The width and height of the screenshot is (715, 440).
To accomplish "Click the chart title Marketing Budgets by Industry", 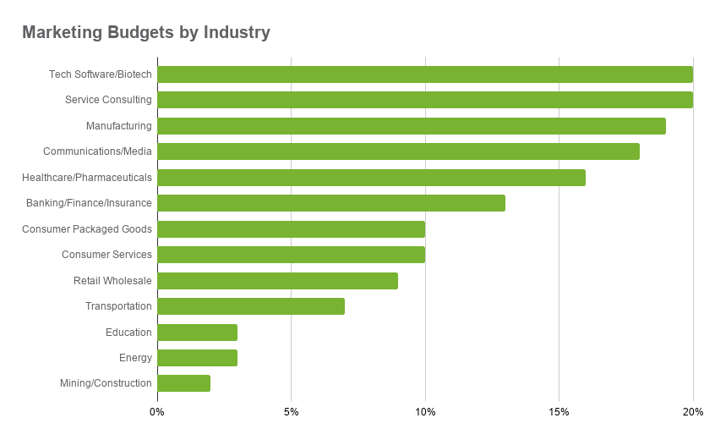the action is (x=146, y=33).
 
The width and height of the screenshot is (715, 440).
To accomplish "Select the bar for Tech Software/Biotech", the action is (x=425, y=74).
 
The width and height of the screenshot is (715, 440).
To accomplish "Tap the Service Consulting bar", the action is (x=425, y=100).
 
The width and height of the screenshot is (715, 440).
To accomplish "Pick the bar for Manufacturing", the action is (x=412, y=126).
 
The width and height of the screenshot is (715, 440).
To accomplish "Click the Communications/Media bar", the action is (x=399, y=151).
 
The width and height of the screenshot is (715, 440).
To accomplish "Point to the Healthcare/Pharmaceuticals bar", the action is (x=372, y=178).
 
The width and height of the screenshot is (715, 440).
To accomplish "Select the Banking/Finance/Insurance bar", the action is (x=331, y=203).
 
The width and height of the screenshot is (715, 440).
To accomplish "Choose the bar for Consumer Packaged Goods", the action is (x=292, y=229).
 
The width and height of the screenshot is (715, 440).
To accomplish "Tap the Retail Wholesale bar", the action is (x=278, y=281).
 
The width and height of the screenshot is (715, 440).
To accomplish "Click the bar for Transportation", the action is (x=251, y=306).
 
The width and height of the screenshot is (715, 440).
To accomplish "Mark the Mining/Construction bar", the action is (x=184, y=383).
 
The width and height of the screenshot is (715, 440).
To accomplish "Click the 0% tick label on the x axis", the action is (x=157, y=412).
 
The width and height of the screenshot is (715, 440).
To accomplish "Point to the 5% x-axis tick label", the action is (x=291, y=412).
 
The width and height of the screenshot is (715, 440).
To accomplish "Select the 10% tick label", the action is (x=425, y=412).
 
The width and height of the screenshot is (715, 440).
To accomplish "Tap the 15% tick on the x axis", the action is (x=559, y=412).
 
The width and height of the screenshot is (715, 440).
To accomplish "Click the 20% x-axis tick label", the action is (x=693, y=412).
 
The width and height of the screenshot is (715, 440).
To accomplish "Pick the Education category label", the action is (x=128, y=333).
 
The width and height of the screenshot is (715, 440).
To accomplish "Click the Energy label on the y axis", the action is (x=135, y=358).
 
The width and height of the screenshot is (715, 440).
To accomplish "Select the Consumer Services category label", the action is (x=106, y=255).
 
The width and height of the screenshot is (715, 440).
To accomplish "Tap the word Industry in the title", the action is (x=237, y=33).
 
